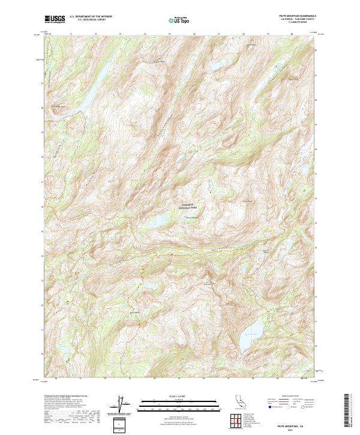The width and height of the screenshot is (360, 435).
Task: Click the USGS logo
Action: coord(53,19)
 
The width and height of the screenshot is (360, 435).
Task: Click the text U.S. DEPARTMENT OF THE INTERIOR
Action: coord(91,17)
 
